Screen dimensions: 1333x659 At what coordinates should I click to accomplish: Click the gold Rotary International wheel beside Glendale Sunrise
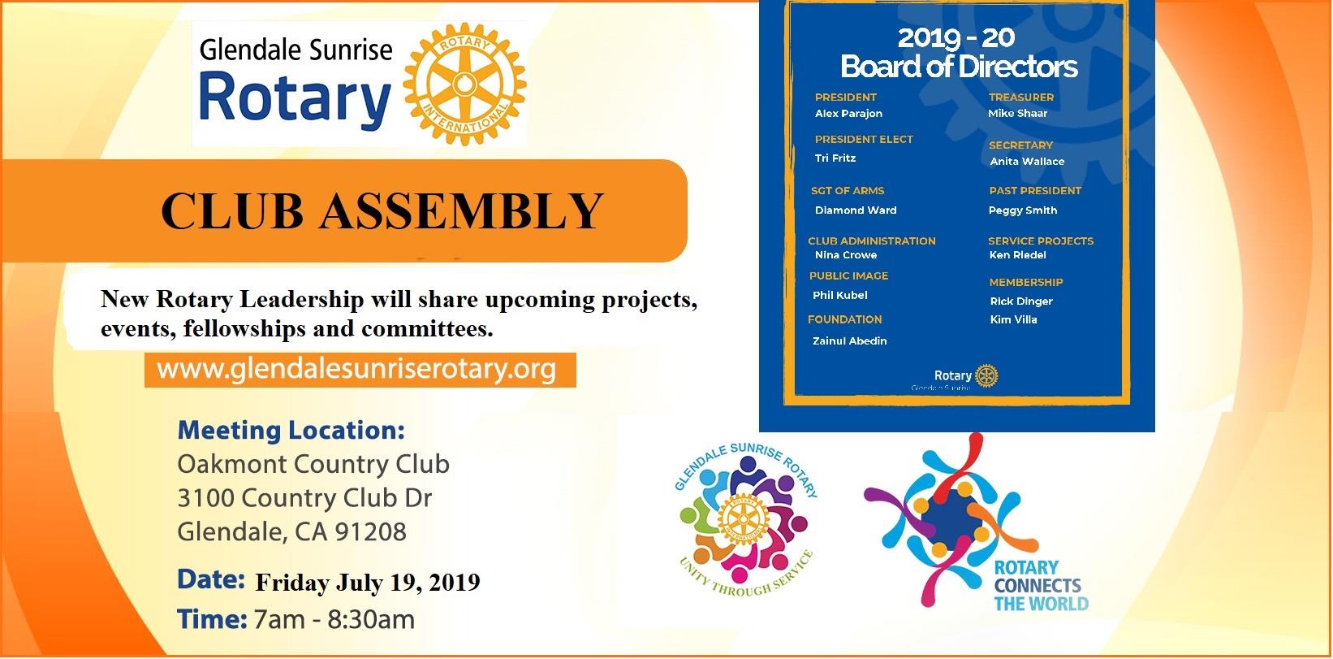click(465, 84)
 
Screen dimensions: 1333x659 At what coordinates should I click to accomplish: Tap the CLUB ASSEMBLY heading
click(382, 211)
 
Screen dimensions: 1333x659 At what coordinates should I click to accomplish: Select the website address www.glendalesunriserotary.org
click(356, 370)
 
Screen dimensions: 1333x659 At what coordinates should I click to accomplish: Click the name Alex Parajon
click(848, 113)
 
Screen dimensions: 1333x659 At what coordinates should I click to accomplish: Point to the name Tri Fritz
click(835, 158)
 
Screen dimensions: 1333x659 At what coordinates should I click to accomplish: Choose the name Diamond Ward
click(856, 210)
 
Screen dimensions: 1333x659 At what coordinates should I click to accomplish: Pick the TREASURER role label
click(1021, 98)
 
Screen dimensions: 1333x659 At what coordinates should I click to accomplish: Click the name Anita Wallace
click(1027, 161)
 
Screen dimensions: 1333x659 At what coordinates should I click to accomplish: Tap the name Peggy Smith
click(1023, 210)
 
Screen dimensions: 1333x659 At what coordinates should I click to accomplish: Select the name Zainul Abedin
click(850, 340)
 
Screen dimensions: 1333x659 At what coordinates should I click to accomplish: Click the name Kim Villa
click(1013, 319)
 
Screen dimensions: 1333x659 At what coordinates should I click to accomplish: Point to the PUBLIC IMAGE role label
click(848, 276)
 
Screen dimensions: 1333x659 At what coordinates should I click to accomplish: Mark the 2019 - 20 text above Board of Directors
click(956, 38)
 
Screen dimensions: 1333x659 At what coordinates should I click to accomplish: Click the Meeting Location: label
click(291, 430)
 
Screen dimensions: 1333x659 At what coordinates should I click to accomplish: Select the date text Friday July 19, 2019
click(368, 582)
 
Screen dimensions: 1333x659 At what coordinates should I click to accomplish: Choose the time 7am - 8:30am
click(334, 620)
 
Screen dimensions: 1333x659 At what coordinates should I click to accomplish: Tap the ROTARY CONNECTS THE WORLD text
click(1041, 586)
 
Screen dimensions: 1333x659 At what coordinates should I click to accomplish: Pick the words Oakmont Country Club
click(313, 464)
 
